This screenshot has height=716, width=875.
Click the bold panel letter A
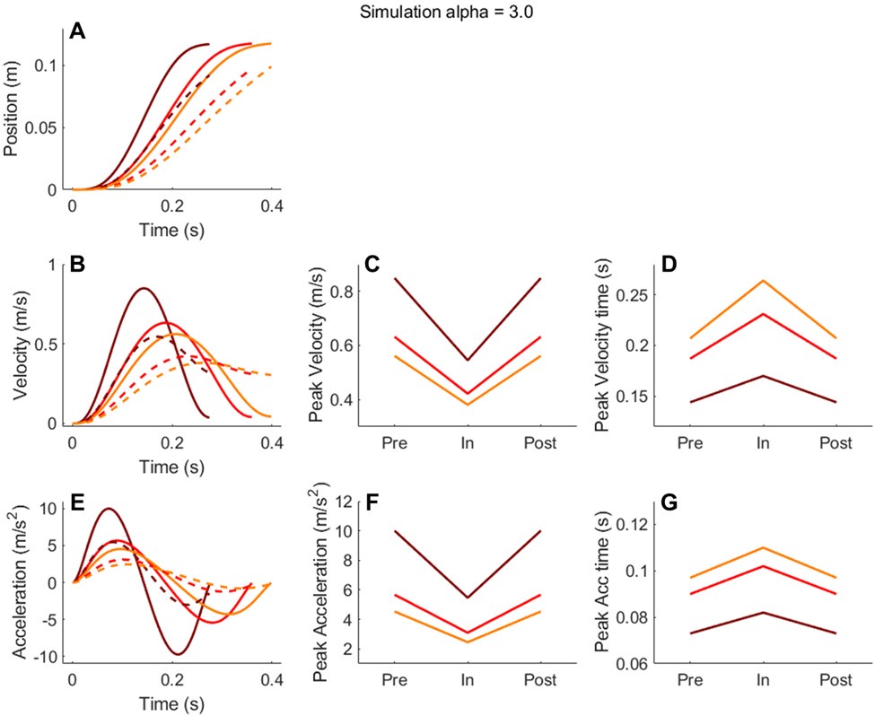(78, 34)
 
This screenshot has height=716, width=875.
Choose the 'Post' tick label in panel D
(836, 442)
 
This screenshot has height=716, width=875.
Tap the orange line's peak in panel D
(762, 281)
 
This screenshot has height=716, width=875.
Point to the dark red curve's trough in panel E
(179, 654)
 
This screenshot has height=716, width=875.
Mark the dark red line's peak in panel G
(762, 612)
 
